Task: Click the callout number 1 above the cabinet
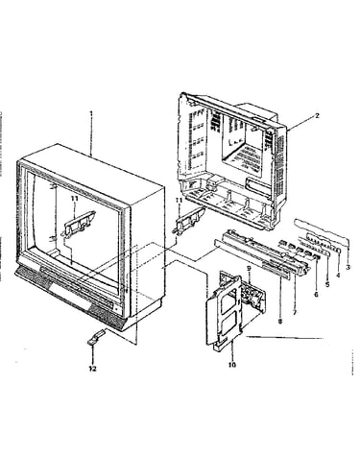(x=91, y=113)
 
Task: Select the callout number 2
(x=317, y=115)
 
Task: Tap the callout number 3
(x=348, y=267)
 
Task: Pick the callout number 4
(x=338, y=275)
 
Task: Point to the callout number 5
(x=327, y=284)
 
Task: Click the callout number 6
(x=316, y=295)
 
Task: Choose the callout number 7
(x=295, y=312)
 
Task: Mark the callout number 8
(x=280, y=321)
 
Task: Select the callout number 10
(x=232, y=365)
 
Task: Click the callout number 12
(x=92, y=369)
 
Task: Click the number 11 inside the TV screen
(x=75, y=199)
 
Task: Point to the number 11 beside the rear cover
(x=179, y=201)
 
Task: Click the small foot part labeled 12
(x=96, y=337)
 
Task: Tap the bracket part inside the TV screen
(x=79, y=222)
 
